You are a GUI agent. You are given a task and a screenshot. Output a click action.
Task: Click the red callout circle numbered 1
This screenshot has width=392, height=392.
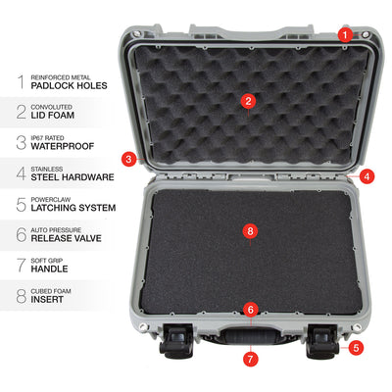click(x=345, y=34)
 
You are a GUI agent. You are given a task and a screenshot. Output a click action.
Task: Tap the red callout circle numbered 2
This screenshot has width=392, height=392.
click(x=248, y=101)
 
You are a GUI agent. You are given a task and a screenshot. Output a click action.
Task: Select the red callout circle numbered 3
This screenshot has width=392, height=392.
click(x=128, y=159)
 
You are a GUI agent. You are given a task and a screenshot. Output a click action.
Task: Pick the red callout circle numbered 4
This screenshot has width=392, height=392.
click(x=367, y=176)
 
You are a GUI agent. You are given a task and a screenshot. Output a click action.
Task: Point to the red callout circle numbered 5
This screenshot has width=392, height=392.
click(x=356, y=348)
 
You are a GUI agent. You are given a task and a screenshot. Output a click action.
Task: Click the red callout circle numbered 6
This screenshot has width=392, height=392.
click(x=251, y=310)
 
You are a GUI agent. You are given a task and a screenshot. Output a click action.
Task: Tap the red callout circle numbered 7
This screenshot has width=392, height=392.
click(x=251, y=360)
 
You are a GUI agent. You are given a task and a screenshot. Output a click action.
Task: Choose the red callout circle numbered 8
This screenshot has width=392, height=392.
click(x=250, y=231)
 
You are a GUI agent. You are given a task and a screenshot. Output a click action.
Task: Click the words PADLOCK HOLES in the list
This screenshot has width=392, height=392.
click(x=69, y=86)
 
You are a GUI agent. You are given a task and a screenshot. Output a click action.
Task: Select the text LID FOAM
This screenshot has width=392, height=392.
click(x=53, y=116)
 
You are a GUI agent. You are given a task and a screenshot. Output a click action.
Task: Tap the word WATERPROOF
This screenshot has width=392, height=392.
click(x=63, y=146)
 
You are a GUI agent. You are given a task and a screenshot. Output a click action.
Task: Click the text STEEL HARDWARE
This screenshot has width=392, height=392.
click(x=73, y=177)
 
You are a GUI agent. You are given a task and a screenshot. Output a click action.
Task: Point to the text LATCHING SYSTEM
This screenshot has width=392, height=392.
click(x=73, y=208)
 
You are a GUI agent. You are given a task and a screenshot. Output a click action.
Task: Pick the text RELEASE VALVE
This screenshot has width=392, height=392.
click(x=67, y=238)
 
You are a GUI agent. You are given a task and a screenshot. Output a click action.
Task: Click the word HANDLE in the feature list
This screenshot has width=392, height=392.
click(x=49, y=269)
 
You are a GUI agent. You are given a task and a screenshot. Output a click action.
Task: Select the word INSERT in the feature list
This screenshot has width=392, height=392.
click(x=47, y=300)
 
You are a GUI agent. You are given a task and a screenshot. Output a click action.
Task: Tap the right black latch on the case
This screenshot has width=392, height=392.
click(x=321, y=341)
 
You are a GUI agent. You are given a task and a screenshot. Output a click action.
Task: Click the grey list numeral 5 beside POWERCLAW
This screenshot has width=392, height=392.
click(x=22, y=205)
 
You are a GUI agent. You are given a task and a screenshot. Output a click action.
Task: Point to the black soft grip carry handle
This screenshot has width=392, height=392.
click(x=251, y=336)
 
